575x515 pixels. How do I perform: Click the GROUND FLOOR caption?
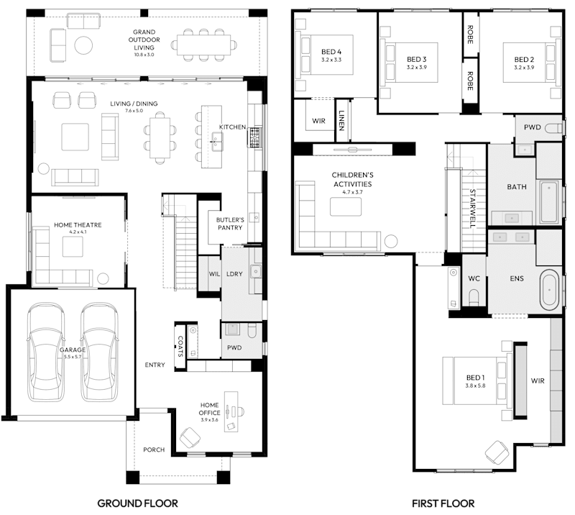pos(137,503)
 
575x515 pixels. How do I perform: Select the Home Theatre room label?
pos(78,225)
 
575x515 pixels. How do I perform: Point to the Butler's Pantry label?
pos(230,223)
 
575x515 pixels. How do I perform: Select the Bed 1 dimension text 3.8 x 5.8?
pos(475,386)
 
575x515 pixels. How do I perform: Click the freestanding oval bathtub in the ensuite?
pos(551,288)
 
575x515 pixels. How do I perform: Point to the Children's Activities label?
pos(352,179)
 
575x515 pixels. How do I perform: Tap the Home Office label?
pos(209,409)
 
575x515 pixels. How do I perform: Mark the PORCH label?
pos(153,450)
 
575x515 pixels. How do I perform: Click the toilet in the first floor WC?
pos(474,296)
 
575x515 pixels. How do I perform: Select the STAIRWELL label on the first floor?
pos(472,209)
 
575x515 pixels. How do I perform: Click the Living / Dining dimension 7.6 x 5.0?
pos(133,111)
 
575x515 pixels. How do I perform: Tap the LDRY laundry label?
pos(233,275)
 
